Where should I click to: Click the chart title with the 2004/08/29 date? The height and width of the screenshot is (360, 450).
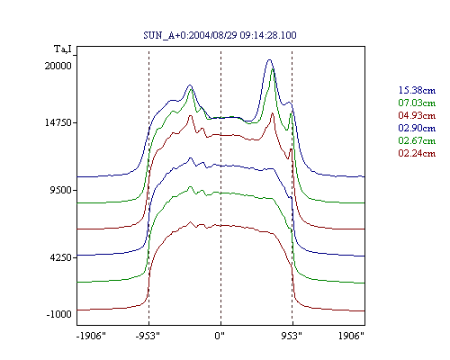(x=220, y=35)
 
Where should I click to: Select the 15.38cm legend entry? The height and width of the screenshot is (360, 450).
(x=417, y=90)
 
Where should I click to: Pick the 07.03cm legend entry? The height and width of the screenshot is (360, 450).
(x=417, y=103)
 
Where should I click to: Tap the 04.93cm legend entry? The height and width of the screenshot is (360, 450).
(x=417, y=115)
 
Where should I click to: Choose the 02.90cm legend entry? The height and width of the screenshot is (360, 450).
(x=417, y=128)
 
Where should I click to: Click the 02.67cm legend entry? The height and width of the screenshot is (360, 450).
(x=417, y=140)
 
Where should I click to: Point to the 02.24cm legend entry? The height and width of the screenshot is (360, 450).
(x=417, y=153)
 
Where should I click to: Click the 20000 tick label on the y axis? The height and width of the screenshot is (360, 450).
(x=58, y=66)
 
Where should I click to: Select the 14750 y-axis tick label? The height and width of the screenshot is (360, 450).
(x=58, y=122)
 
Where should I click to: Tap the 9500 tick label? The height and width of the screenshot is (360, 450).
(x=61, y=190)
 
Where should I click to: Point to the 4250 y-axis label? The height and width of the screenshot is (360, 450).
(x=61, y=257)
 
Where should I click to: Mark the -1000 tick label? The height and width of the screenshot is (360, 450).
(x=59, y=314)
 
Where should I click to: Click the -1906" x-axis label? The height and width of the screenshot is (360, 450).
(x=91, y=336)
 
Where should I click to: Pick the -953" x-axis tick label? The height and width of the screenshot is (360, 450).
(x=148, y=336)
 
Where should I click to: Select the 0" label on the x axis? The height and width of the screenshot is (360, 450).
(x=220, y=336)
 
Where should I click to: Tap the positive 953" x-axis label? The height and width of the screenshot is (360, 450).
(x=292, y=336)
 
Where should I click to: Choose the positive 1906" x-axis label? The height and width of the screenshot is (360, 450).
(x=351, y=336)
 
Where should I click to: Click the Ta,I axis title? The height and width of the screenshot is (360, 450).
(x=63, y=49)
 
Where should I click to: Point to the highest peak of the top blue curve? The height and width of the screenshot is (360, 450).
(x=269, y=60)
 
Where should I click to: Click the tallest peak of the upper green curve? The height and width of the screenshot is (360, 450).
(x=273, y=69)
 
